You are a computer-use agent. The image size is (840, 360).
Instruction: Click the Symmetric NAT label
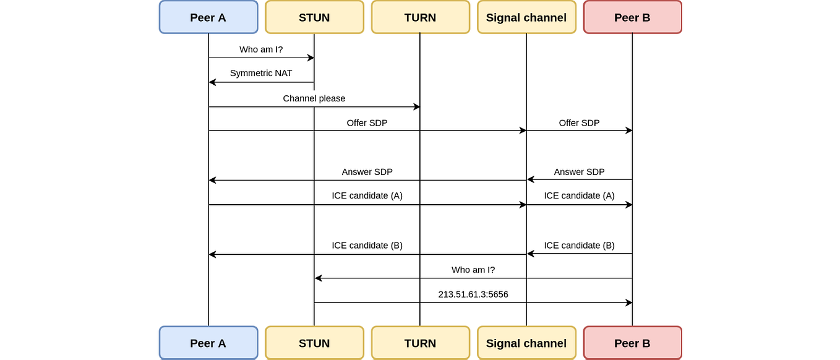260,73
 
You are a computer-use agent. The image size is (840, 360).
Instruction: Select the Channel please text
314,98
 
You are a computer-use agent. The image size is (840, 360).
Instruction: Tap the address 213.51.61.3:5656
473,294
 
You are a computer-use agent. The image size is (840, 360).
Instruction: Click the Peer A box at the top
208,17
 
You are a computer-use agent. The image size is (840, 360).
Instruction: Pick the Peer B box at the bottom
632,343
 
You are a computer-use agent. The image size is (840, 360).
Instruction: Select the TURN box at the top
420,17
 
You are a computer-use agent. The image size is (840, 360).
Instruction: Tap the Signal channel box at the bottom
526,343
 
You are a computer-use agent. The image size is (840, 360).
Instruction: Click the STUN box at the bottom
314,343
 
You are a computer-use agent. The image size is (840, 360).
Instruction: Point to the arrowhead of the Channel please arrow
417,107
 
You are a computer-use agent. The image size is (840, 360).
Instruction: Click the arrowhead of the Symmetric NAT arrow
212,82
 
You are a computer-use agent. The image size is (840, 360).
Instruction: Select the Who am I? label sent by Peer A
260,49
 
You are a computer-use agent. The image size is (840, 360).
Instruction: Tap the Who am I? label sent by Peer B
473,270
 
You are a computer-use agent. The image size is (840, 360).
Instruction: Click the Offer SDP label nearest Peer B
579,123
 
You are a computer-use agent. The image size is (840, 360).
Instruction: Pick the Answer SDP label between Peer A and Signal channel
367,172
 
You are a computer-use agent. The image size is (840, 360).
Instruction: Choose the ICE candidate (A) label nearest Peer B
579,195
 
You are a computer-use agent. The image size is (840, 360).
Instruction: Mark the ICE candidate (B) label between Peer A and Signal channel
367,246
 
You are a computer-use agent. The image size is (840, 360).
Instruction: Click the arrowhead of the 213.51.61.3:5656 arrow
629,302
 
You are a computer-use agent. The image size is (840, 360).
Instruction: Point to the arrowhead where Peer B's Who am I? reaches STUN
319,278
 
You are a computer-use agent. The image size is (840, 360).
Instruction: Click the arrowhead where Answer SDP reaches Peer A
212,180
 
